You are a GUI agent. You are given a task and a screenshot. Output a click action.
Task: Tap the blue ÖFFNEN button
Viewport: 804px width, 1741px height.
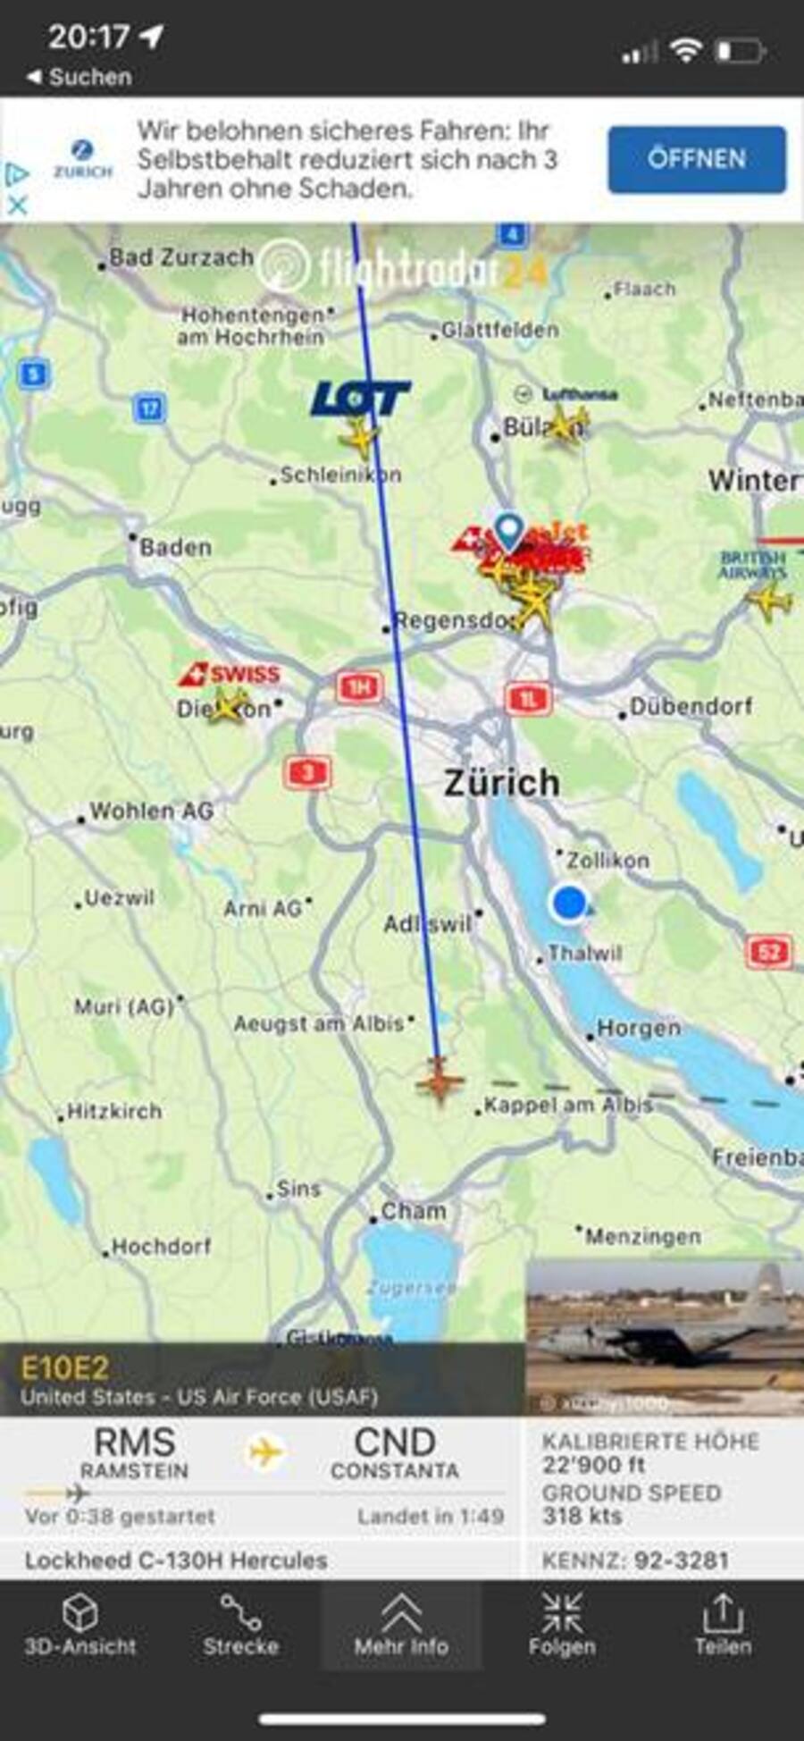(697, 159)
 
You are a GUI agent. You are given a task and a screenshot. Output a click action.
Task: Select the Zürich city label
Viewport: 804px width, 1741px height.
(502, 784)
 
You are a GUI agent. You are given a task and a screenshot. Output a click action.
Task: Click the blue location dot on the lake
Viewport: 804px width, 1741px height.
(569, 903)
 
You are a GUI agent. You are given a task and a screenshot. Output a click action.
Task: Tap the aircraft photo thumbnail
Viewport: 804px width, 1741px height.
(664, 1336)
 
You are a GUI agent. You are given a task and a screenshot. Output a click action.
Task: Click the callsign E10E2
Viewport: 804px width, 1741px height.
(65, 1368)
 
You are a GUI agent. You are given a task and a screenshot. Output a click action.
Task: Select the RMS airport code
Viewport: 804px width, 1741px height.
(134, 1442)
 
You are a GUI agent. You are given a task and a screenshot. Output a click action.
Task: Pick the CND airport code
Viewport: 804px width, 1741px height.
(395, 1442)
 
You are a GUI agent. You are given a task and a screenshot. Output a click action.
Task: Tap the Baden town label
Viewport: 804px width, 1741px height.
(175, 547)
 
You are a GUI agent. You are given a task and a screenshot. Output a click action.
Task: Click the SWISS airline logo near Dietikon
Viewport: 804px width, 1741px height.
(230, 674)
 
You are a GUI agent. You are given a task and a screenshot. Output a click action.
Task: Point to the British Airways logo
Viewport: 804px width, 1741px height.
(753, 565)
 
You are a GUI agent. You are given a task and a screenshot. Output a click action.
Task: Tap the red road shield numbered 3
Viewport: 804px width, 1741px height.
(308, 772)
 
